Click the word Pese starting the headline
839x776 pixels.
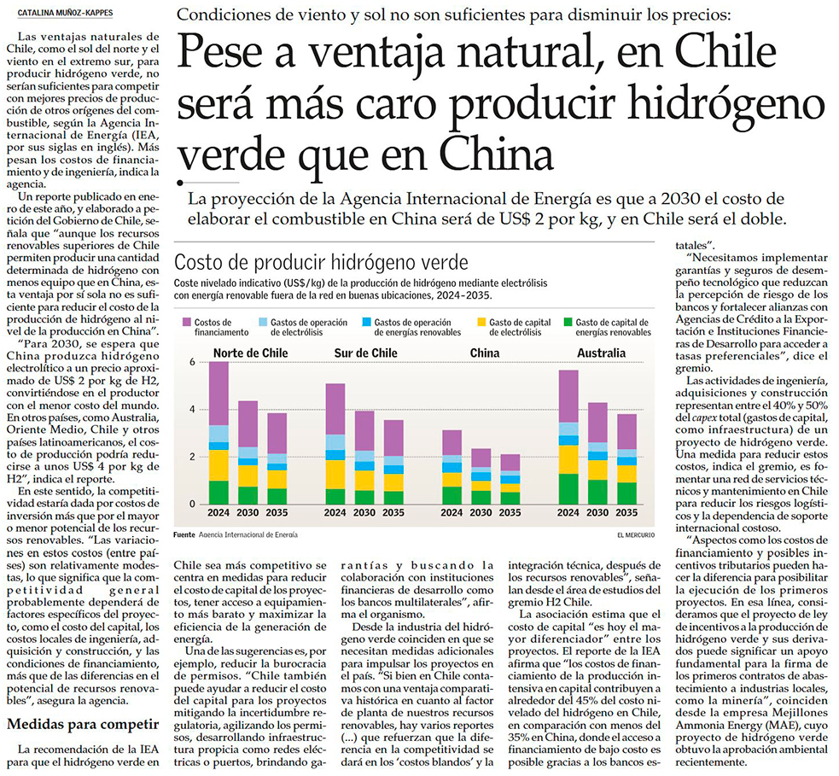click(230, 55)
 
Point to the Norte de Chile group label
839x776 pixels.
click(250, 353)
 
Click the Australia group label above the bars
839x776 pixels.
click(600, 353)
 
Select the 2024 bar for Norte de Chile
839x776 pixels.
click(219, 433)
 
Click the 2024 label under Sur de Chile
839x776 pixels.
click(335, 513)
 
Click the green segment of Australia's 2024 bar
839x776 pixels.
click(568, 489)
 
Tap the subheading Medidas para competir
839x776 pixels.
click(82, 726)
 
